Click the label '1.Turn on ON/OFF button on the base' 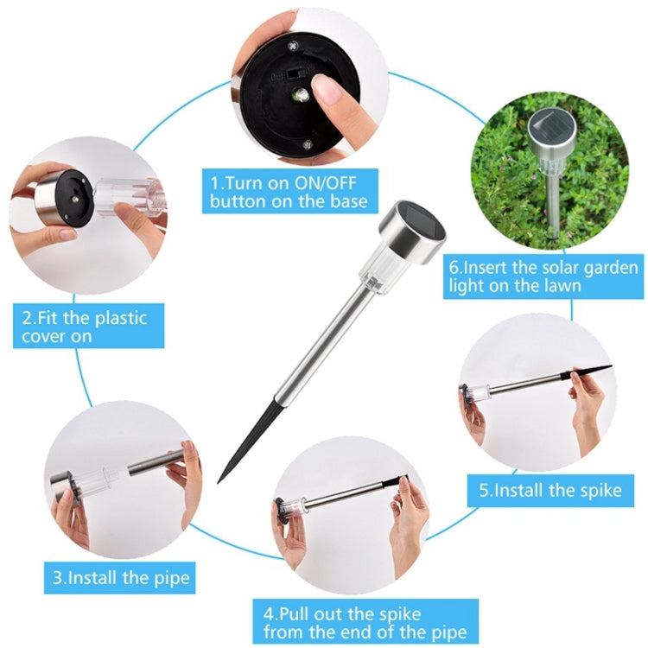(x=288, y=192)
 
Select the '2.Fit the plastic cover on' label (x=85, y=327)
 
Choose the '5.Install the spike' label (x=550, y=490)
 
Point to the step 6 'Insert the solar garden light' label (x=544, y=276)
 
